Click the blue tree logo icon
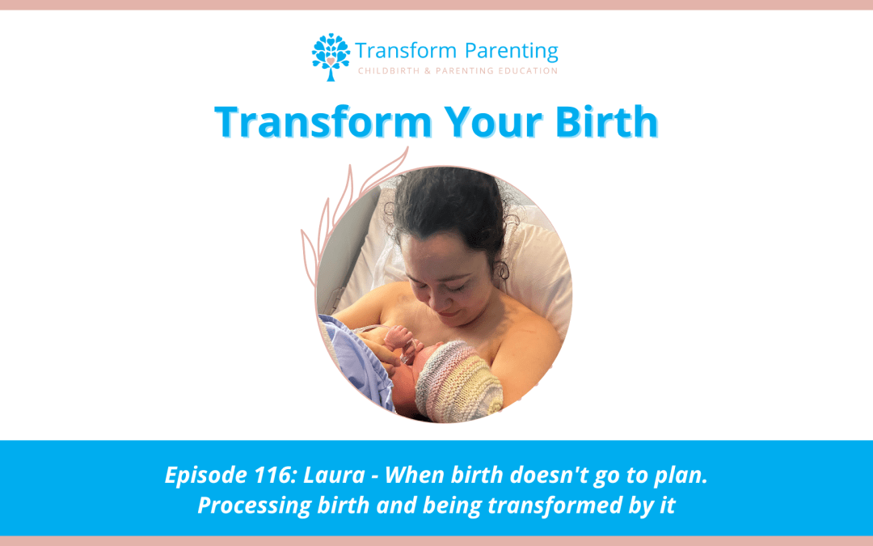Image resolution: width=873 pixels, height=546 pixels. coord(331,57)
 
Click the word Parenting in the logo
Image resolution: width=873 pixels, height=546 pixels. coord(511,51)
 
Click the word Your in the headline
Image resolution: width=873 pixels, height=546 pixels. coord(493,121)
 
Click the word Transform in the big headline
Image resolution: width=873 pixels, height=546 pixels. coord(323,121)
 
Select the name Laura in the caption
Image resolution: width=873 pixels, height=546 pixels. coord(334,475)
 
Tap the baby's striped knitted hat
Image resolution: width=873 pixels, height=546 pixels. coord(459,380)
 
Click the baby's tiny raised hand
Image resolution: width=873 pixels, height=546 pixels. coord(399,336)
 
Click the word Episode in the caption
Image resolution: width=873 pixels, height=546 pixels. coord(205,476)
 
